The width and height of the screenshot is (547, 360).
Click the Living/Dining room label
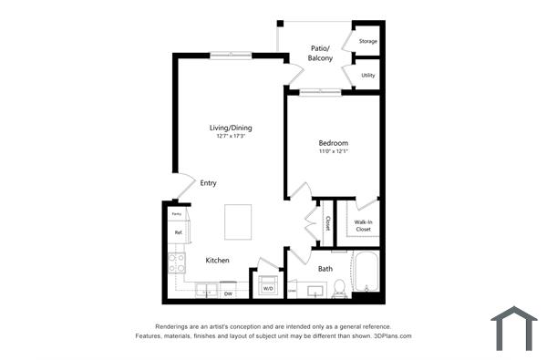(x=231, y=128)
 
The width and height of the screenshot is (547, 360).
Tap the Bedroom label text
(x=333, y=143)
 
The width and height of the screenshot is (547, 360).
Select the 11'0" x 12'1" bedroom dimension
(x=333, y=151)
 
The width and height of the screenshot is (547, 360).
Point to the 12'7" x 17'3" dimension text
(x=231, y=137)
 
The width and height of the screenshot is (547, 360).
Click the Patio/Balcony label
(x=320, y=53)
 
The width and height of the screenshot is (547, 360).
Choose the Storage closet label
(x=367, y=41)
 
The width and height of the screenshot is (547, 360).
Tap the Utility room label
(x=367, y=76)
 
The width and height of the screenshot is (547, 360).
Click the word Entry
(x=209, y=183)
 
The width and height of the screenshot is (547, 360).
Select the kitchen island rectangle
(x=239, y=221)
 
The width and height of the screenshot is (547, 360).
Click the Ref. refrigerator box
(x=178, y=233)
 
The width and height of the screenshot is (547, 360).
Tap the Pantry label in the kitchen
(x=177, y=214)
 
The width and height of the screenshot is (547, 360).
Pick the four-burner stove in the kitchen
(x=177, y=262)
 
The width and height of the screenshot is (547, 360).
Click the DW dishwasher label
(x=228, y=293)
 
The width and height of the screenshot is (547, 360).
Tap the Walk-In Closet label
(x=363, y=225)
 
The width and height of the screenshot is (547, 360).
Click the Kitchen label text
(x=217, y=261)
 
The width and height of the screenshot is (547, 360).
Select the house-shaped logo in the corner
(x=513, y=328)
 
